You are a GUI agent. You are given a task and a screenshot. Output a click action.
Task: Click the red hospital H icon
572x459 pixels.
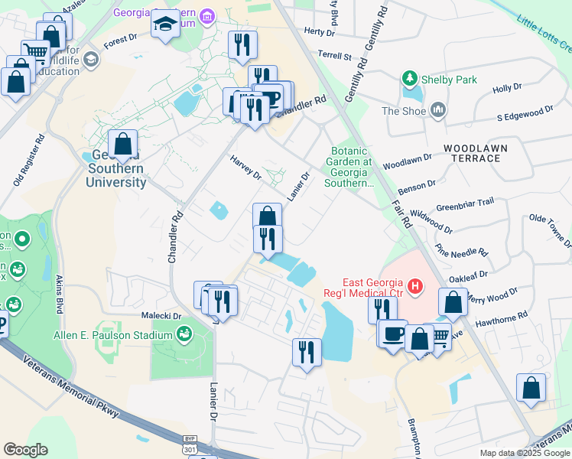(x=414, y=288)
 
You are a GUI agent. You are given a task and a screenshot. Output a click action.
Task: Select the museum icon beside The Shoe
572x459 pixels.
(x=438, y=111)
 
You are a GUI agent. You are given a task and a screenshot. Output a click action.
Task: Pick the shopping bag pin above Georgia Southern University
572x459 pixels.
(x=123, y=144)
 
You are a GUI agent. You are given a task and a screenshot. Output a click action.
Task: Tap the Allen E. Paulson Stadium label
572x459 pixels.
(x=113, y=336)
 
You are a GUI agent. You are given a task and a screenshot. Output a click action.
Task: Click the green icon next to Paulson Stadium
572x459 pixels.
(x=184, y=334)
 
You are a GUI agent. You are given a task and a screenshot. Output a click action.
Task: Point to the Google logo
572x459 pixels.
(x=25, y=450)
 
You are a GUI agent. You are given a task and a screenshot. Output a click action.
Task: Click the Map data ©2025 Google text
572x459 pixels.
(x=524, y=453)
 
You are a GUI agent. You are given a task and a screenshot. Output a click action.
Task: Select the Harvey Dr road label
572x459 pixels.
(x=245, y=166)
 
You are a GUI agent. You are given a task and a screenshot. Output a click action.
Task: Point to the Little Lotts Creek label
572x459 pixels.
(x=544, y=31)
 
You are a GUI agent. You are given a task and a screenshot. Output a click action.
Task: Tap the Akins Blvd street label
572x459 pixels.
(x=59, y=296)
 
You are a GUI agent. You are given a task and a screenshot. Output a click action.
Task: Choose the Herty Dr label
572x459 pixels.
(x=320, y=31)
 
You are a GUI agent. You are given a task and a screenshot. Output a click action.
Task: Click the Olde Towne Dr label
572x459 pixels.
(x=549, y=229)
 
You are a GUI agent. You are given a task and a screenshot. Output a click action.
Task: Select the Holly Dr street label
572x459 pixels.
(x=507, y=89)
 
